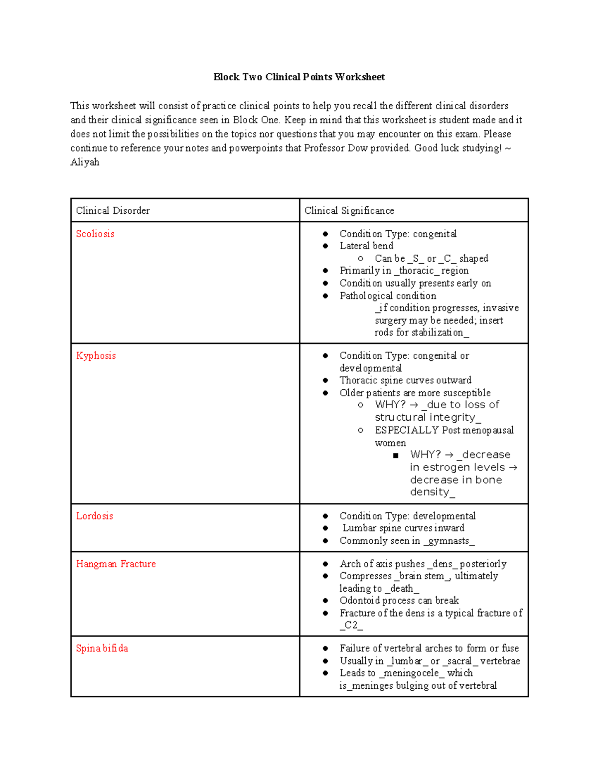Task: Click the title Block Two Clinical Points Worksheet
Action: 299,77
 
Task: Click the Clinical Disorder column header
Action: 113,210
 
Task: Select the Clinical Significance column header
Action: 349,210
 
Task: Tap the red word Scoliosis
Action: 95,234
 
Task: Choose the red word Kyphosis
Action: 96,355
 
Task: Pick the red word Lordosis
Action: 95,516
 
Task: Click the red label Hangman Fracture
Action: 116,564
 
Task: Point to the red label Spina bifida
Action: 102,648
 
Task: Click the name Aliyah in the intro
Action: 85,162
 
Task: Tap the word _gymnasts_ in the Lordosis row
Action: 448,541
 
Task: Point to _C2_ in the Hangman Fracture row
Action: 351,625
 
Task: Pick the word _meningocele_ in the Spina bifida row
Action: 411,673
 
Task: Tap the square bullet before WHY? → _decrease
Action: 396,455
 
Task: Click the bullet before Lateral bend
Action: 325,246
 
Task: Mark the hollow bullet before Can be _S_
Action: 360,258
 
